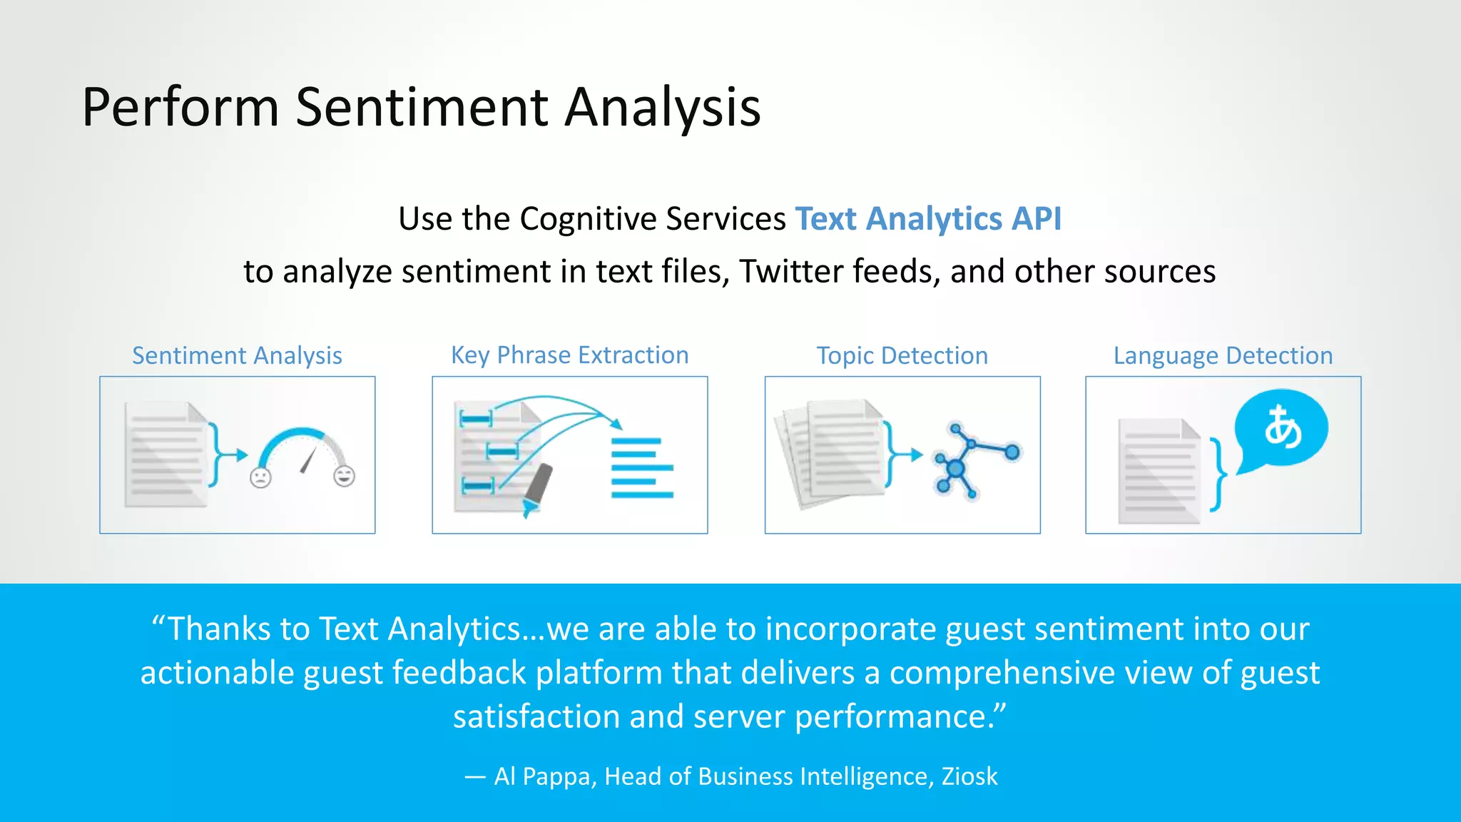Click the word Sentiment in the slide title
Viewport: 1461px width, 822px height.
click(x=422, y=107)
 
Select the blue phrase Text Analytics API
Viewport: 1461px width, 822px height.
click(x=927, y=218)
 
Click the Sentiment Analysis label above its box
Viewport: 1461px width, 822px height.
click(x=237, y=355)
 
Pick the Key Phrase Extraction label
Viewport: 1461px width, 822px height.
click(x=569, y=355)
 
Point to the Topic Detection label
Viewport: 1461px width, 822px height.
click(x=902, y=355)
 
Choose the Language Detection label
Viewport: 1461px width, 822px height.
click(x=1223, y=355)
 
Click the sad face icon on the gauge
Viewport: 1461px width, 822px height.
click(x=260, y=477)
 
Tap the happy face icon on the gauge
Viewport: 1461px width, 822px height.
click(x=345, y=475)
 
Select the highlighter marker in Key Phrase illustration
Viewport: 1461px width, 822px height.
click(x=538, y=487)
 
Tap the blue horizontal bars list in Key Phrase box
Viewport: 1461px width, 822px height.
click(x=641, y=468)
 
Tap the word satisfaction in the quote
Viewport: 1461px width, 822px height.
click(x=535, y=716)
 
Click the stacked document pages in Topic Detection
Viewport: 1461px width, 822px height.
click(x=831, y=453)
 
